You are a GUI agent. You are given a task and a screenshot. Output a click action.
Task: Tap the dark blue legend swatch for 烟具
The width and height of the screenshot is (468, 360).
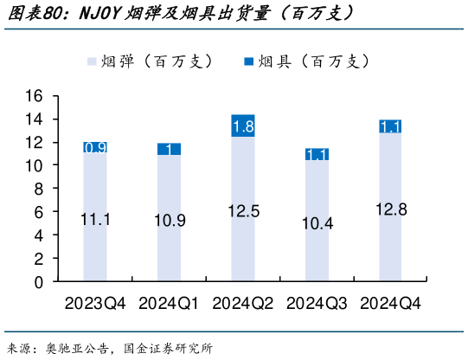pyautogui.click(x=250, y=61)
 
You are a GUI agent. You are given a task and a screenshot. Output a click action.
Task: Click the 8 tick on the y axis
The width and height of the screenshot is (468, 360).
pyautogui.click(x=37, y=189)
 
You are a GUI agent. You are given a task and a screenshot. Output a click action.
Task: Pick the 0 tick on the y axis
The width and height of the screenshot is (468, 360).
pyautogui.click(x=37, y=282)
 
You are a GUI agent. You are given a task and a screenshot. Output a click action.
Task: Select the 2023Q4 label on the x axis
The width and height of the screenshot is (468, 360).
pyautogui.click(x=95, y=304)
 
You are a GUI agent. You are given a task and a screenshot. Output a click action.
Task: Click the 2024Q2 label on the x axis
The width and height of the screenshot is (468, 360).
pyautogui.click(x=243, y=304)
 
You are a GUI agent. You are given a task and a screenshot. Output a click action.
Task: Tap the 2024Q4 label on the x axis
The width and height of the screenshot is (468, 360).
pyautogui.click(x=390, y=304)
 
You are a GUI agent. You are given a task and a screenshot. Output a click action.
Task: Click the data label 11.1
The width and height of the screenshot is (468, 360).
pyautogui.click(x=95, y=220)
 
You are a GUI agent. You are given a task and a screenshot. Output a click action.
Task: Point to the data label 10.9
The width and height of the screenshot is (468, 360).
pyautogui.click(x=169, y=221)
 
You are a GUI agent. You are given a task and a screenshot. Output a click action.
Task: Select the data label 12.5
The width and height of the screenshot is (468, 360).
pyautogui.click(x=243, y=211)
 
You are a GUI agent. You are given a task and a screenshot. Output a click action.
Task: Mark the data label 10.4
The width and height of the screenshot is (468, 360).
pyautogui.click(x=317, y=223)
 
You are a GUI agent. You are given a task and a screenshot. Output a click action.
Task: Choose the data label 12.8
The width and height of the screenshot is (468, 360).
pyautogui.click(x=390, y=209)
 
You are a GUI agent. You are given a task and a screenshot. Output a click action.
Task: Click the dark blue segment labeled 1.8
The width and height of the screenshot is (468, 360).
pyautogui.click(x=243, y=126)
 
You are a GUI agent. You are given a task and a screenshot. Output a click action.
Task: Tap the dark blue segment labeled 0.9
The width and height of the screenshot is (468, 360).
pyautogui.click(x=95, y=148)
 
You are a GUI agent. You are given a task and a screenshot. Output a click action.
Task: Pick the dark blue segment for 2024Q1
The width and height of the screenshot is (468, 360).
pyautogui.click(x=169, y=149)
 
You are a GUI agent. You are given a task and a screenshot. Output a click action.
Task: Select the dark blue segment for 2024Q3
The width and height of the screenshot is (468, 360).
pyautogui.click(x=317, y=155)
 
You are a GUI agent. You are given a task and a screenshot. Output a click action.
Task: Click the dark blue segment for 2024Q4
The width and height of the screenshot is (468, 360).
pyautogui.click(x=390, y=126)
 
